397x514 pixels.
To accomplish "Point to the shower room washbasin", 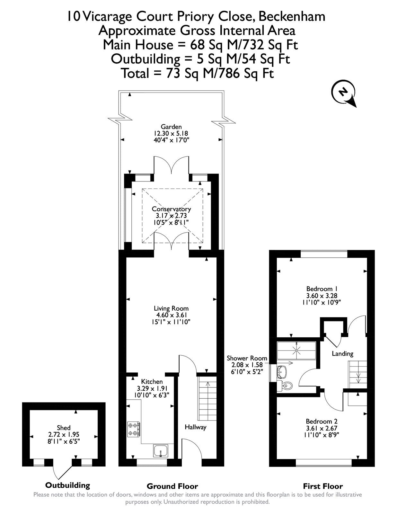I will [x=282, y=371].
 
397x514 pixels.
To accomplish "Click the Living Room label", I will [x=171, y=308].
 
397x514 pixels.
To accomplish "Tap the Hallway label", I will [x=195, y=427].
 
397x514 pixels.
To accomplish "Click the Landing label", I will [x=342, y=353].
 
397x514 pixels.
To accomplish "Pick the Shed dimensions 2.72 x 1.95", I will [x=64, y=434].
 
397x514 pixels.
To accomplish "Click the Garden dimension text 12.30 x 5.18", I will [x=171, y=133].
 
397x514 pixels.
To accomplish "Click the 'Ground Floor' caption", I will [x=172, y=486].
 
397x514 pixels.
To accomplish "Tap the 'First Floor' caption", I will [x=323, y=486].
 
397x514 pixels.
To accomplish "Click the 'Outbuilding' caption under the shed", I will [x=67, y=485].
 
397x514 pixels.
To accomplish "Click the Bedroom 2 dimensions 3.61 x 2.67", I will [x=321, y=428].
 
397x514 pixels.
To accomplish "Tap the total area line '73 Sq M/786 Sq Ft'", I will [x=197, y=73].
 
